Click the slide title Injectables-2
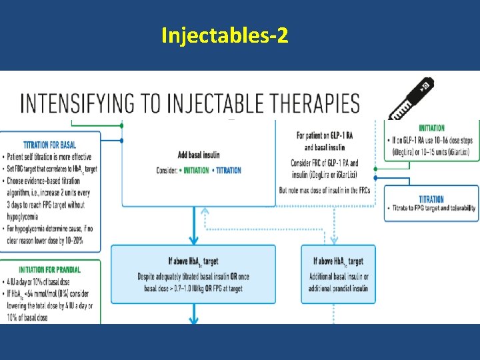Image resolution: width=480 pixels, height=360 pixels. coord(225,35)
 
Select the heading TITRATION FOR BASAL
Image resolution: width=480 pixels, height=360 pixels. coord(50,144)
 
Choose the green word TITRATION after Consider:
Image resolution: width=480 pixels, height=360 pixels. coord(229,171)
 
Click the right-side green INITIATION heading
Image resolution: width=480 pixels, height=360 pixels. coord(432,128)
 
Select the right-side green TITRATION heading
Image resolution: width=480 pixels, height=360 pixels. coord(432,199)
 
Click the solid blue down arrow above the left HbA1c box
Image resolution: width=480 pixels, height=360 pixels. coord(193,230)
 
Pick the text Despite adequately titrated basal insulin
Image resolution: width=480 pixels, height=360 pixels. coord(193,275)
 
